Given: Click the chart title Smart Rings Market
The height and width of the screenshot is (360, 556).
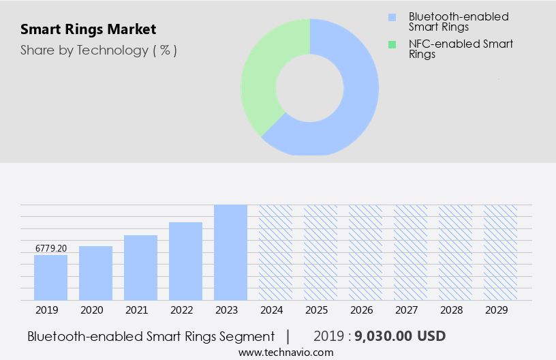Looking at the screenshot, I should coord(88,29).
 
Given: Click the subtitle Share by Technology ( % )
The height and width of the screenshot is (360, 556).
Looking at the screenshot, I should coord(99,50).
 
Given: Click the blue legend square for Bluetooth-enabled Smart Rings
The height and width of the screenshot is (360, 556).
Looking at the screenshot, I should coord(391,17).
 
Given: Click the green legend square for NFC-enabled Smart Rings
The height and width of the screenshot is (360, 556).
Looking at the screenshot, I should coord(391,44).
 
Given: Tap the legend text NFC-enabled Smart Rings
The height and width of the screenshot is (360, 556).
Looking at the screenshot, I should coord(461,49).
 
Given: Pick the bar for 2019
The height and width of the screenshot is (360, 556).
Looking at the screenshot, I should coord(50,277).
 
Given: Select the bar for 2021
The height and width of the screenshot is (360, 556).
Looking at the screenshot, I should coord(140,268).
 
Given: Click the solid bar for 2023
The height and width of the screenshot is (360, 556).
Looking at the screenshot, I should coord(230,252).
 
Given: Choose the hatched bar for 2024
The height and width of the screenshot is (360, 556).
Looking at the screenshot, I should coord(275,252).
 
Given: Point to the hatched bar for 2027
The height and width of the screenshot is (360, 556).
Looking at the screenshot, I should coord(410,252).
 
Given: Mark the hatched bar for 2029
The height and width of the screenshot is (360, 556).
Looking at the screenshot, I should coord(500,252).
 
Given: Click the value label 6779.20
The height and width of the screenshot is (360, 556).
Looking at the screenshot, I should coord(51,248).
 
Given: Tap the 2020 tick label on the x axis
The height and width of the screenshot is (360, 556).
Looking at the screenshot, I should coord(92,310).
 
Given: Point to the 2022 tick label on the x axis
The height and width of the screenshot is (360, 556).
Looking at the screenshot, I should coord(182,310).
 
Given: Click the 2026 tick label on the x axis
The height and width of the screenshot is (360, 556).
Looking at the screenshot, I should coord(362,310).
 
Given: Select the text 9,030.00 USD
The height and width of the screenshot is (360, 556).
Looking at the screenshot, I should coord(401,337).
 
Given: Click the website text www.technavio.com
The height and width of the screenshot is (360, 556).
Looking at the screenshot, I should coord(285,352).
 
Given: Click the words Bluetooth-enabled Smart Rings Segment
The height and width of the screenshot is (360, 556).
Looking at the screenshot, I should coord(151,337).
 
